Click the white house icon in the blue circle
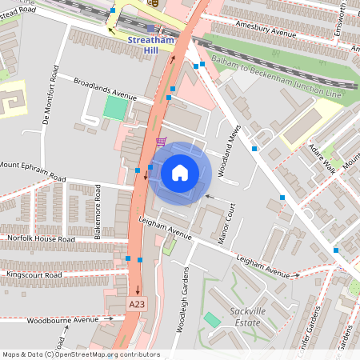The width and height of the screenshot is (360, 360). tap(180, 173)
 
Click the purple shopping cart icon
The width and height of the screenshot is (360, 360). tap(162, 142)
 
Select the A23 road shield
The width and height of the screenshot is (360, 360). tap(137, 304)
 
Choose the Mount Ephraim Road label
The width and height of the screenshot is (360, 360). tap(33, 170)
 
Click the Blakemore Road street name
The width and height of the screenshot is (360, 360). tap(98, 211)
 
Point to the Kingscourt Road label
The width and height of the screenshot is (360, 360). tap(34, 274)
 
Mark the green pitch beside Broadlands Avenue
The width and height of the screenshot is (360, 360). tap(116, 108)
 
